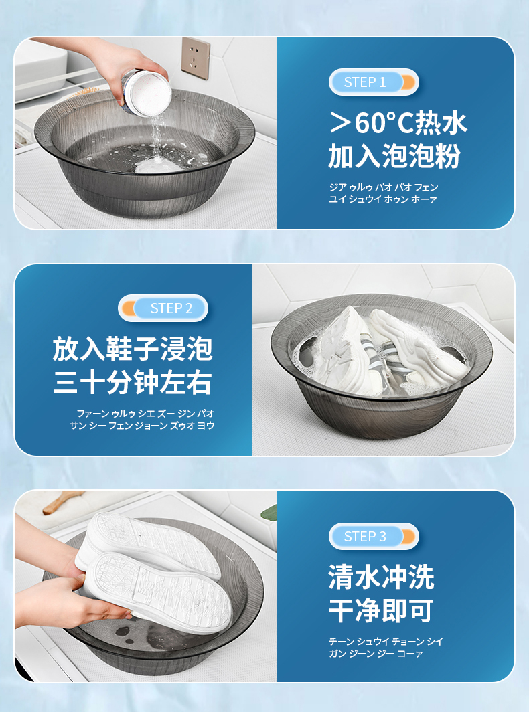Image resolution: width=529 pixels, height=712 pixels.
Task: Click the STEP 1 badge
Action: pyautogui.click(x=374, y=82)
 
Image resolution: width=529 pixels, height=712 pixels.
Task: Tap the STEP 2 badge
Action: pyautogui.click(x=163, y=308)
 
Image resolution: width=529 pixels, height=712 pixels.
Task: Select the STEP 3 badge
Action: pyautogui.click(x=374, y=536)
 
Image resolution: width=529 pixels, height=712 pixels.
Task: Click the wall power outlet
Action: pyautogui.click(x=196, y=58)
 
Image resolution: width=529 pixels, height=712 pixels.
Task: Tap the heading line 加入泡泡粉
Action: pyautogui.click(x=394, y=156)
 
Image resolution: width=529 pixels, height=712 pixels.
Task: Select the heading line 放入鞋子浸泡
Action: pyautogui.click(x=133, y=349)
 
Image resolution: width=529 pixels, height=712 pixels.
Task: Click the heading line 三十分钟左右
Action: pyautogui.click(x=133, y=382)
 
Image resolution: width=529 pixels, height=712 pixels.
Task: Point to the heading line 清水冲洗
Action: pyautogui.click(x=381, y=577)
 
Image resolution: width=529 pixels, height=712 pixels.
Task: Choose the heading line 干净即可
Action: pyautogui.click(x=381, y=610)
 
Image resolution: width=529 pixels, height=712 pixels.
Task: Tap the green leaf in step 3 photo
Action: pyautogui.click(x=269, y=513)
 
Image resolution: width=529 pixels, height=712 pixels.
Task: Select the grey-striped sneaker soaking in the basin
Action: pyautogui.click(x=359, y=349)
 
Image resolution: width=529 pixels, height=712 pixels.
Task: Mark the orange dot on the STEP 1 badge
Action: pyautogui.click(x=408, y=82)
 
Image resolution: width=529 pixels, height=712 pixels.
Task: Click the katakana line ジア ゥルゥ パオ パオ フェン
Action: pyautogui.click(x=384, y=187)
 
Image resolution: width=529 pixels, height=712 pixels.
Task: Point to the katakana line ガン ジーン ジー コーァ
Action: pyautogui.click(x=376, y=653)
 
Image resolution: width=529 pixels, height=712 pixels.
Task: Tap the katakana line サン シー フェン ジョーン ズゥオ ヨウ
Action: pyautogui.click(x=142, y=426)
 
